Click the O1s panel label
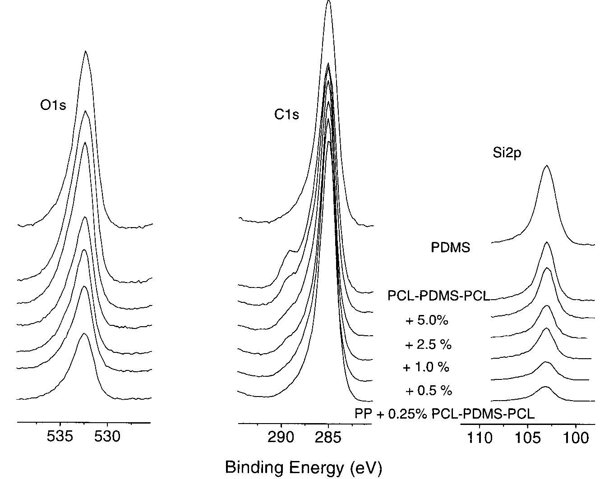(53, 105)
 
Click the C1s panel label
(286, 115)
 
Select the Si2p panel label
(507, 153)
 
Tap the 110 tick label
(480, 438)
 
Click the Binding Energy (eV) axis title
(303, 468)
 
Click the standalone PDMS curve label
(450, 247)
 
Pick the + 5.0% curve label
(427, 321)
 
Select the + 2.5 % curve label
(428, 345)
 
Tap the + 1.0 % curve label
(426, 368)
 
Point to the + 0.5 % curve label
(429, 391)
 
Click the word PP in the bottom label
(363, 414)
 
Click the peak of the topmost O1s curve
(85, 51)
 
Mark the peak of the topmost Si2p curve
(546, 165)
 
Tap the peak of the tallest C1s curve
(328, 1)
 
